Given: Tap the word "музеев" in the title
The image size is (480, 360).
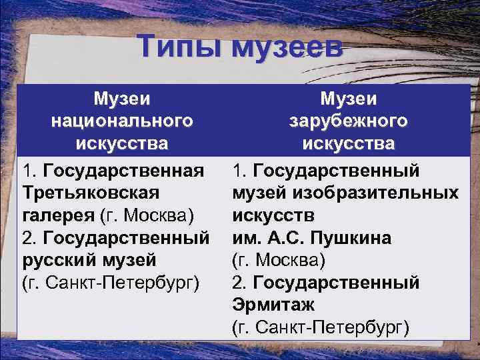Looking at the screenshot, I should pyautogui.click(x=287, y=48).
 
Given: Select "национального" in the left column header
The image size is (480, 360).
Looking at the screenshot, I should pyautogui.click(x=122, y=121).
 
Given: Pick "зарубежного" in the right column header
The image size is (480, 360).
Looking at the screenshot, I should pyautogui.click(x=348, y=121).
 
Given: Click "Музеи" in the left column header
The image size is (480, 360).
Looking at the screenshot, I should pyautogui.click(x=122, y=99).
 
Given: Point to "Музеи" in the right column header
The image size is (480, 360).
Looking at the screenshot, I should pyautogui.click(x=348, y=99).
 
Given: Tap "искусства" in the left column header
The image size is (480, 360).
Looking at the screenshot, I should pyautogui.click(x=122, y=143).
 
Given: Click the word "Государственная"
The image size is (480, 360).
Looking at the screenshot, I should pyautogui.click(x=123, y=171).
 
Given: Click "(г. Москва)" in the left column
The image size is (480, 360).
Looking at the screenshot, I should pyautogui.click(x=147, y=215).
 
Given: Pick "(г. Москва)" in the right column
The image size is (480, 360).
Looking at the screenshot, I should pyautogui.click(x=277, y=259).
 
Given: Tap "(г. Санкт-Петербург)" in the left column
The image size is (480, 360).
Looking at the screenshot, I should pyautogui.click(x=110, y=281).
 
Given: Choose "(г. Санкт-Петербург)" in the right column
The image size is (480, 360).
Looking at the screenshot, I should pyautogui.click(x=321, y=327).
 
